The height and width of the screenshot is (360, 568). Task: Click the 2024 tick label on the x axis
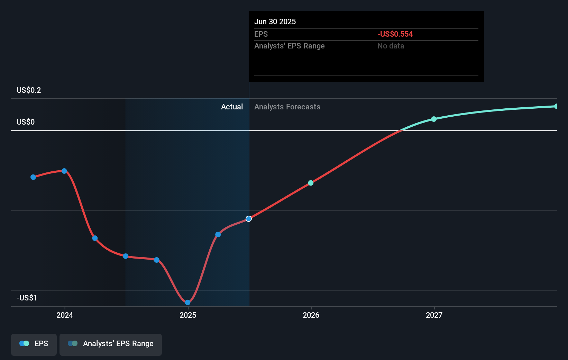65,315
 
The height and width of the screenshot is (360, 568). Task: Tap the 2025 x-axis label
188,315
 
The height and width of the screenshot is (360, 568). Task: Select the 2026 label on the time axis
311,315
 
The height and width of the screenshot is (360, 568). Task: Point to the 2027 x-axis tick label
434,315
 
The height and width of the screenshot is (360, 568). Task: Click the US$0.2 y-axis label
29,90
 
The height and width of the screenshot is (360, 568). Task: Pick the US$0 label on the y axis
26,122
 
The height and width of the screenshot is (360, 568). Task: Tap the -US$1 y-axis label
27,298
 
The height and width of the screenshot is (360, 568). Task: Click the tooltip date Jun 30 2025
275,21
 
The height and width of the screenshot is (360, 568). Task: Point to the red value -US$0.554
395,34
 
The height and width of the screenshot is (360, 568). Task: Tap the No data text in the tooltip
391,46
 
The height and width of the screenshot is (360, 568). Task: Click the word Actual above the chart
232,107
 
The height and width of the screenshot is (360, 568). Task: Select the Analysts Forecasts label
287,107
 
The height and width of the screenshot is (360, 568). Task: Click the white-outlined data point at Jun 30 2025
249,219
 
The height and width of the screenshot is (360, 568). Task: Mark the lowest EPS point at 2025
187,302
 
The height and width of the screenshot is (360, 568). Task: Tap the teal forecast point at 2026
311,183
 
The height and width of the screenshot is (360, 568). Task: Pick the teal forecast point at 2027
434,119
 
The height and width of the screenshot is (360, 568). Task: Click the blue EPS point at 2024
64,171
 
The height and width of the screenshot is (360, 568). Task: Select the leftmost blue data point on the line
33,177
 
